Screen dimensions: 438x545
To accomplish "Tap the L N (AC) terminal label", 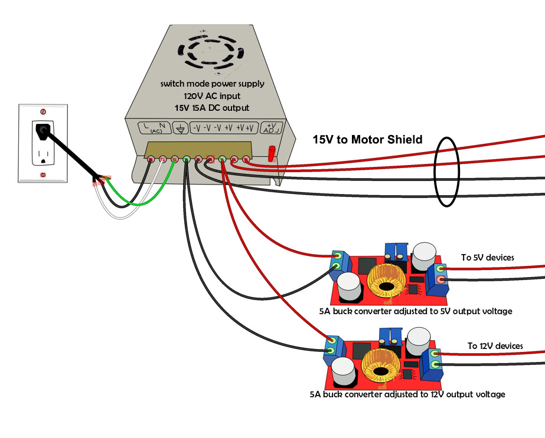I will coord(154,127).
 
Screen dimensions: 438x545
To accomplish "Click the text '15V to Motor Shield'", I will coord(367,140).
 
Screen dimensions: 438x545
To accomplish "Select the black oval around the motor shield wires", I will coord(446,172).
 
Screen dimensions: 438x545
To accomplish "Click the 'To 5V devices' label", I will coord(487,258).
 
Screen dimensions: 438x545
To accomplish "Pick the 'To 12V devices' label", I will coord(495,346).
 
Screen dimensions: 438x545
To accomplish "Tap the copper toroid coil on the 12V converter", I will coord(380,367).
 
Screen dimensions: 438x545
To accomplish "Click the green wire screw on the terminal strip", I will coord(187,159).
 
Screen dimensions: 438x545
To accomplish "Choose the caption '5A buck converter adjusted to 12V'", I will coord(407,394).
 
